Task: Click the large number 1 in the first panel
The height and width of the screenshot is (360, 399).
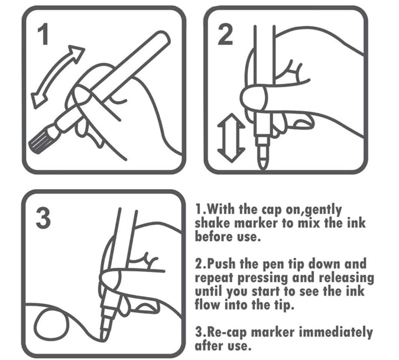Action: point(43,34)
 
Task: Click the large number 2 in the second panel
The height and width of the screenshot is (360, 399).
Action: point(225,34)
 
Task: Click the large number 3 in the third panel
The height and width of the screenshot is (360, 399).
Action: point(43,218)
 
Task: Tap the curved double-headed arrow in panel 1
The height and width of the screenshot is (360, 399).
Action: point(57,76)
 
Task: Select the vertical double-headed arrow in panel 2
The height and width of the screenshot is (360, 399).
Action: point(231,138)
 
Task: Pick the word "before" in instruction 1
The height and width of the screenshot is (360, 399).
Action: point(214,236)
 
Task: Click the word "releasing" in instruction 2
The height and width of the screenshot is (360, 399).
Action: point(346,278)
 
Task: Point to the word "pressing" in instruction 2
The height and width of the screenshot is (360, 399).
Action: point(263,278)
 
